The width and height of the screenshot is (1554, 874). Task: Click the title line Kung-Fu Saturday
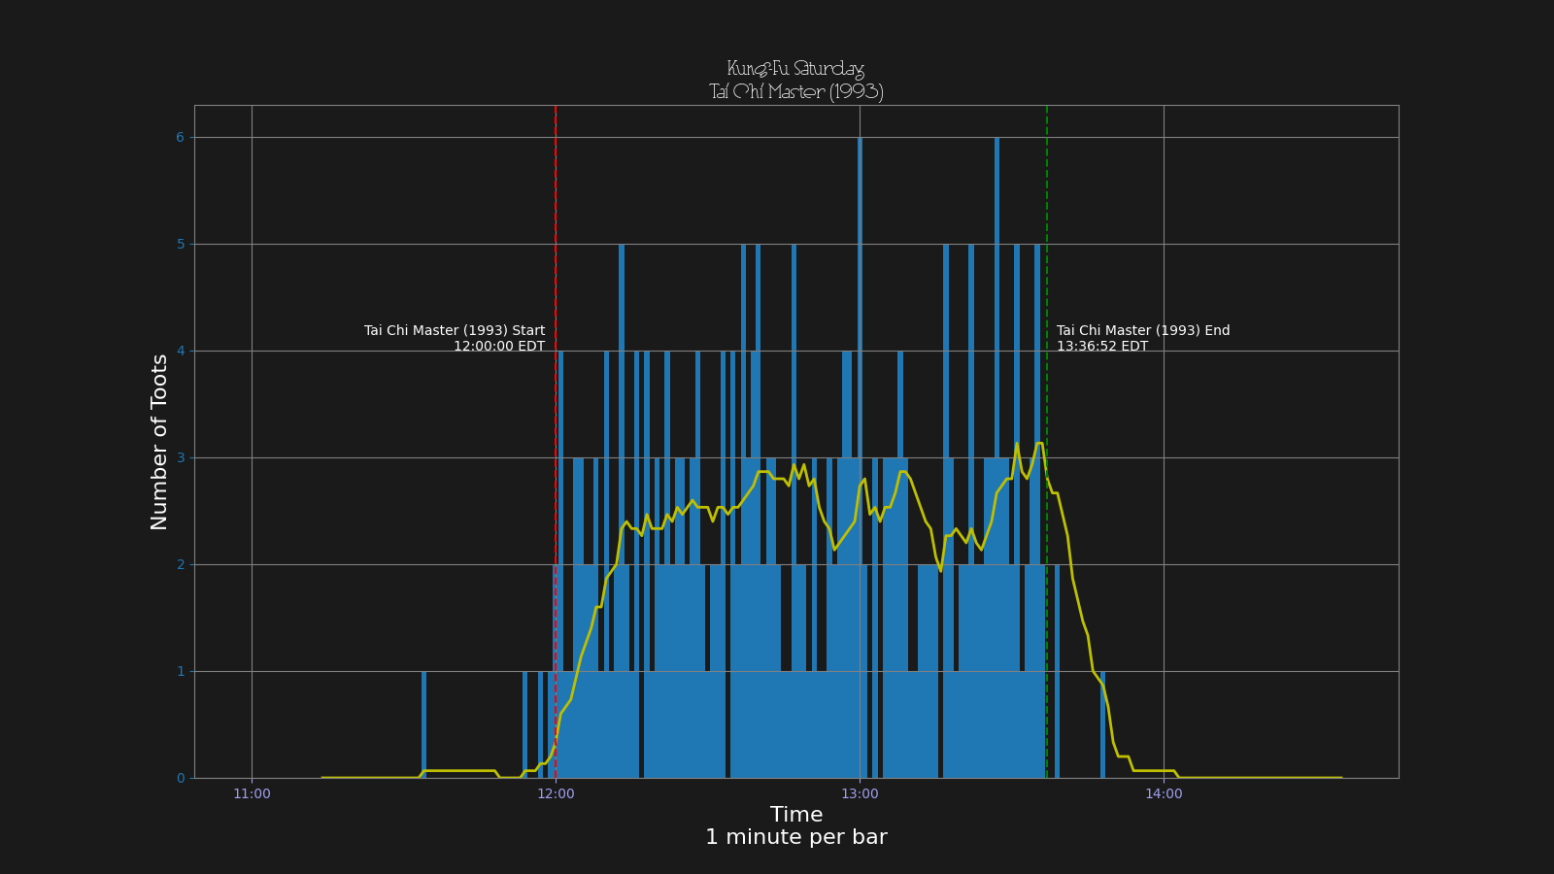click(795, 69)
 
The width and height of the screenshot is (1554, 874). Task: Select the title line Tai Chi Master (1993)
click(795, 91)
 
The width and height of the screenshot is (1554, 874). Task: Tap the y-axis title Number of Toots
click(159, 442)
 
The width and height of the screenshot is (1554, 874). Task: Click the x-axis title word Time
click(795, 815)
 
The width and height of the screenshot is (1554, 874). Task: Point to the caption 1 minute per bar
click(795, 837)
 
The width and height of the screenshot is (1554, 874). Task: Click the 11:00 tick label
click(252, 794)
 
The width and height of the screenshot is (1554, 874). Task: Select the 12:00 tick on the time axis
click(556, 794)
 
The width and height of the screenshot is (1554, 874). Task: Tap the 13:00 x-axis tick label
click(860, 794)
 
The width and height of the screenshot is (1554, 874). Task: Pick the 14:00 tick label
click(1164, 794)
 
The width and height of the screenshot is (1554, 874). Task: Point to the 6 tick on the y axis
click(180, 138)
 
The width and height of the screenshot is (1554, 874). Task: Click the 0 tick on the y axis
click(180, 779)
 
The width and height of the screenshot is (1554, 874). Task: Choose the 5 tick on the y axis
click(180, 245)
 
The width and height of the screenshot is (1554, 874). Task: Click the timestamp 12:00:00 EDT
click(499, 347)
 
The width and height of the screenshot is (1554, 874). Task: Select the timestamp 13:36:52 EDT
click(1102, 347)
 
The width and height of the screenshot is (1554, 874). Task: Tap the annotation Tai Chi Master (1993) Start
click(455, 331)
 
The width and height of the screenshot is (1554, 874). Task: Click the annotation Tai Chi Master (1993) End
click(1143, 331)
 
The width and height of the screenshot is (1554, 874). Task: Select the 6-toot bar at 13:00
click(860, 388)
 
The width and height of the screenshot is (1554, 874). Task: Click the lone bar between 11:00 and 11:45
click(424, 724)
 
